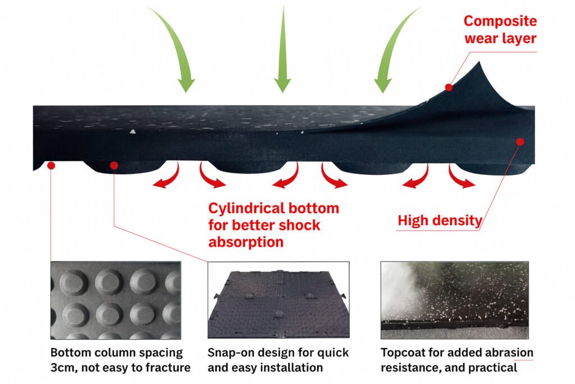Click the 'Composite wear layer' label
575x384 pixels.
(x=500, y=30)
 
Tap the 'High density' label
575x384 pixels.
(x=440, y=220)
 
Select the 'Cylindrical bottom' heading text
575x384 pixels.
(x=273, y=209)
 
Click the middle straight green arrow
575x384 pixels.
(x=282, y=51)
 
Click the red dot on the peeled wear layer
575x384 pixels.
(x=449, y=87)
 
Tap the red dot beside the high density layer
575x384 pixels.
(x=520, y=142)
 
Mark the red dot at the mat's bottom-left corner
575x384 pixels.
(x=51, y=165)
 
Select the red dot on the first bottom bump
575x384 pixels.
(x=114, y=165)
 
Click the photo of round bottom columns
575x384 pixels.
(x=116, y=300)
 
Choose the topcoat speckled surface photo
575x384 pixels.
(x=454, y=300)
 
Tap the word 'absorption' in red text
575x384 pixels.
(x=246, y=242)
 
